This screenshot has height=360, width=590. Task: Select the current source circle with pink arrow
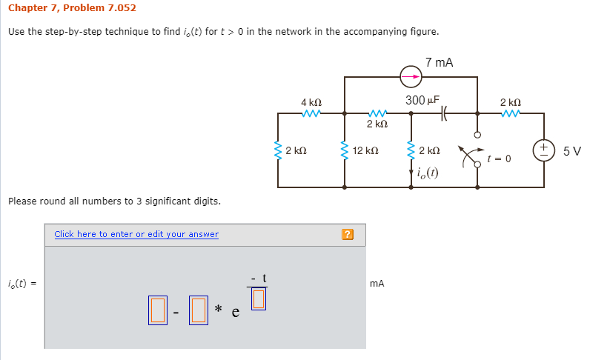pyautogui.click(x=411, y=76)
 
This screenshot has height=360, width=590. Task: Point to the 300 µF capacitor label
pyautogui.click(x=422, y=100)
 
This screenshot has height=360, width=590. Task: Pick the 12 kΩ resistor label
pyautogui.click(x=366, y=151)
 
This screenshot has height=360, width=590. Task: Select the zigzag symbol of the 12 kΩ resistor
pyautogui.click(x=344, y=151)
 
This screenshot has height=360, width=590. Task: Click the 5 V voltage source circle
pyautogui.click(x=545, y=150)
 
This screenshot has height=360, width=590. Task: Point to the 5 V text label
pyautogui.click(x=571, y=151)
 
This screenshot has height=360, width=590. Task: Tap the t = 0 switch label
pyautogui.click(x=499, y=159)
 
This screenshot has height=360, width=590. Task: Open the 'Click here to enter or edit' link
pyautogui.click(x=136, y=234)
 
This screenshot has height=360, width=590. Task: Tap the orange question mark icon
pyautogui.click(x=348, y=235)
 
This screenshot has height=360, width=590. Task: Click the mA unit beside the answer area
pyautogui.click(x=377, y=283)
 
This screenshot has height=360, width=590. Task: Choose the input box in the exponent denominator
pyautogui.click(x=258, y=298)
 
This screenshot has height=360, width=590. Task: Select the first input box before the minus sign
pyautogui.click(x=157, y=310)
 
